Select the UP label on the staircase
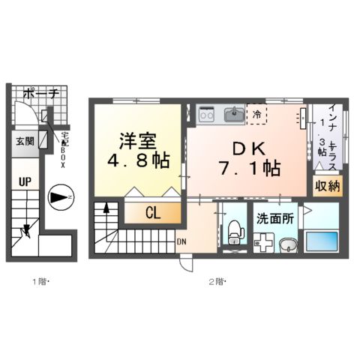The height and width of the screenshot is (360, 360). (x=25, y=182)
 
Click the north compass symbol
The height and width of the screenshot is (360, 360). (x=61, y=198)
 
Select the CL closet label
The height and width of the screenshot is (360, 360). (x=152, y=213)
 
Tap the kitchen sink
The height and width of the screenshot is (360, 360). (x=233, y=114)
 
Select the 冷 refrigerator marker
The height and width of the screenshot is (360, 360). (x=257, y=115)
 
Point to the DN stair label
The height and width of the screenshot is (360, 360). (x=181, y=241)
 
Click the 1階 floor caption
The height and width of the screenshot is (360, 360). (x=40, y=282)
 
